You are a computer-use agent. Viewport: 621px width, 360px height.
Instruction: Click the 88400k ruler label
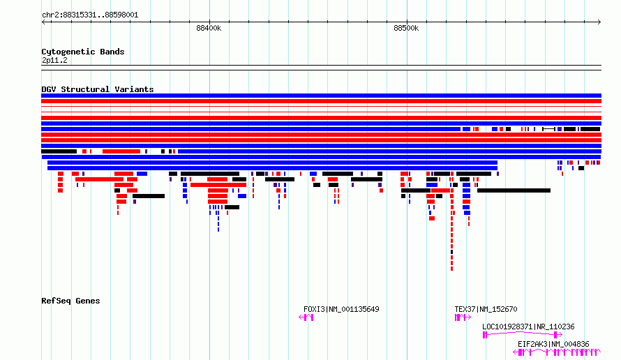point(209,28)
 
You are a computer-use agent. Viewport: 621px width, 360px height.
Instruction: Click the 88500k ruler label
point(406,28)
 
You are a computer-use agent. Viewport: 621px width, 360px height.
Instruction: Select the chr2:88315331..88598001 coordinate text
point(90,15)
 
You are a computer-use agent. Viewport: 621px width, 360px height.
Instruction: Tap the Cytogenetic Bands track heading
point(83,52)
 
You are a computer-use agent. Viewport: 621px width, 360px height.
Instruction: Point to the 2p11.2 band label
point(54,60)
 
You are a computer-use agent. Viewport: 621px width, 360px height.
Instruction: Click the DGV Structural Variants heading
point(98,89)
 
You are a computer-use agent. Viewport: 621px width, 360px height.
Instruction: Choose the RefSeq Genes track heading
point(70,301)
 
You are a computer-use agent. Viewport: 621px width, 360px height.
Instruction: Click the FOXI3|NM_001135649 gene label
point(341,309)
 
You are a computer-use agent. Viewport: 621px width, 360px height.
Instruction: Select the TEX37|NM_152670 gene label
point(486,309)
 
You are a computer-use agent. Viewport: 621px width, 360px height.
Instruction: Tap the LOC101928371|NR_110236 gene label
point(528,327)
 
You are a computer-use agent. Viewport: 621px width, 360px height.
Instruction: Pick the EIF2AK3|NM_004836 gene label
point(553,344)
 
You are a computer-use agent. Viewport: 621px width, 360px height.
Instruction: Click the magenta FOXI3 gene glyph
point(306,317)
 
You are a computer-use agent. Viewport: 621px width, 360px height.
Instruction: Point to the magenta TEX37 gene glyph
point(463,317)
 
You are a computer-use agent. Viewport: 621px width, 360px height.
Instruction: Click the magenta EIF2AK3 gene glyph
point(556,352)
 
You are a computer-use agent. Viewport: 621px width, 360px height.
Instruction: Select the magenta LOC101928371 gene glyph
point(523,335)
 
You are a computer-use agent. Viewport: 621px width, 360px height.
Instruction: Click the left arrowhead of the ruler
point(43,22)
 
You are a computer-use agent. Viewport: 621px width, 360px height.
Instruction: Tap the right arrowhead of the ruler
point(599,22)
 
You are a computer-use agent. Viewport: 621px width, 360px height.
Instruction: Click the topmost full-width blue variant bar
point(321,96)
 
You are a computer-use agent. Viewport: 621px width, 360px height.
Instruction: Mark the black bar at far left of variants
point(59,151)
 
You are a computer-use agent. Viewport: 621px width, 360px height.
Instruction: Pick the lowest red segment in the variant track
point(452,269)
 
